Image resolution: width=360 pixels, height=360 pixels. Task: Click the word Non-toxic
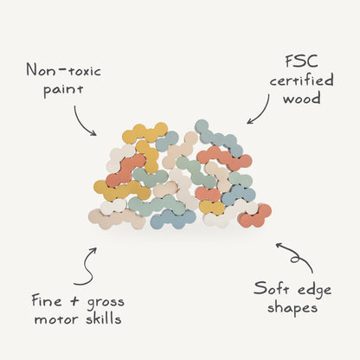64,70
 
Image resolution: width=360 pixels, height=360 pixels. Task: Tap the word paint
63,89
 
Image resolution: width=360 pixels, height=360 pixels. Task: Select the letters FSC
301,61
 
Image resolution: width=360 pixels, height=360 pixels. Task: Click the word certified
302,80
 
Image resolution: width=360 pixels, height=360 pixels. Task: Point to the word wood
301,99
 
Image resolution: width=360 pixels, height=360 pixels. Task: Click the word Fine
47,301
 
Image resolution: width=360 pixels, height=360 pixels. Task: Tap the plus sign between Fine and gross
74,301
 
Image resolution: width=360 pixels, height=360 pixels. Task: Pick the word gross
106,303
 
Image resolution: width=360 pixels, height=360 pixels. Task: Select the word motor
56,319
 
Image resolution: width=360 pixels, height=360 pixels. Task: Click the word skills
103,318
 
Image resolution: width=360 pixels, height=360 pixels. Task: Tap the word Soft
270,288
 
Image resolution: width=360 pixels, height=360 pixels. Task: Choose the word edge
314,291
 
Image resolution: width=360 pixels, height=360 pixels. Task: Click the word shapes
292,308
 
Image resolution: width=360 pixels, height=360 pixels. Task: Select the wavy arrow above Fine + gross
89,267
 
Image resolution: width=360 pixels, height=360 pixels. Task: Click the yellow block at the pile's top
145,132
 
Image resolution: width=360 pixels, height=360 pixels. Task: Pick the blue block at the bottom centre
173,219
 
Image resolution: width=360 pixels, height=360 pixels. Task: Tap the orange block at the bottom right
255,216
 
